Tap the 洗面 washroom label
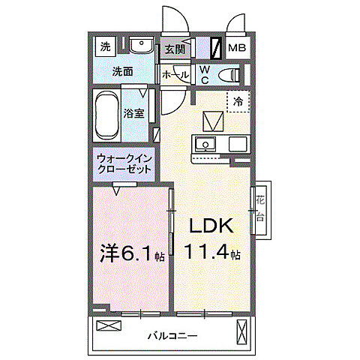tap(122, 72)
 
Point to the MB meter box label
tap(237, 49)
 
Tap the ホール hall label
tap(175, 75)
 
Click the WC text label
tap(204, 74)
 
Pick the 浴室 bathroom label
tap(135, 114)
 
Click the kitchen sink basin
tap(205, 143)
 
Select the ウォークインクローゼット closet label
tap(124, 163)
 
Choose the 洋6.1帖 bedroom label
tap(132, 255)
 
